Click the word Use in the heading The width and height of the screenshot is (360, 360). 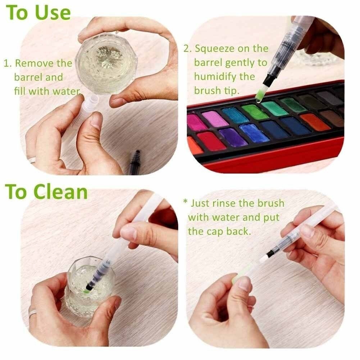[x=53, y=12]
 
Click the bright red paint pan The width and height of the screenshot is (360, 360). [x=211, y=141]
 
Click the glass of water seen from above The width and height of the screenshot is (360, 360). [x=105, y=65]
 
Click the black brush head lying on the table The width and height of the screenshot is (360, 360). [x=135, y=163]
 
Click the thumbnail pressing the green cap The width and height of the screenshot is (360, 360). [x=246, y=284]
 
